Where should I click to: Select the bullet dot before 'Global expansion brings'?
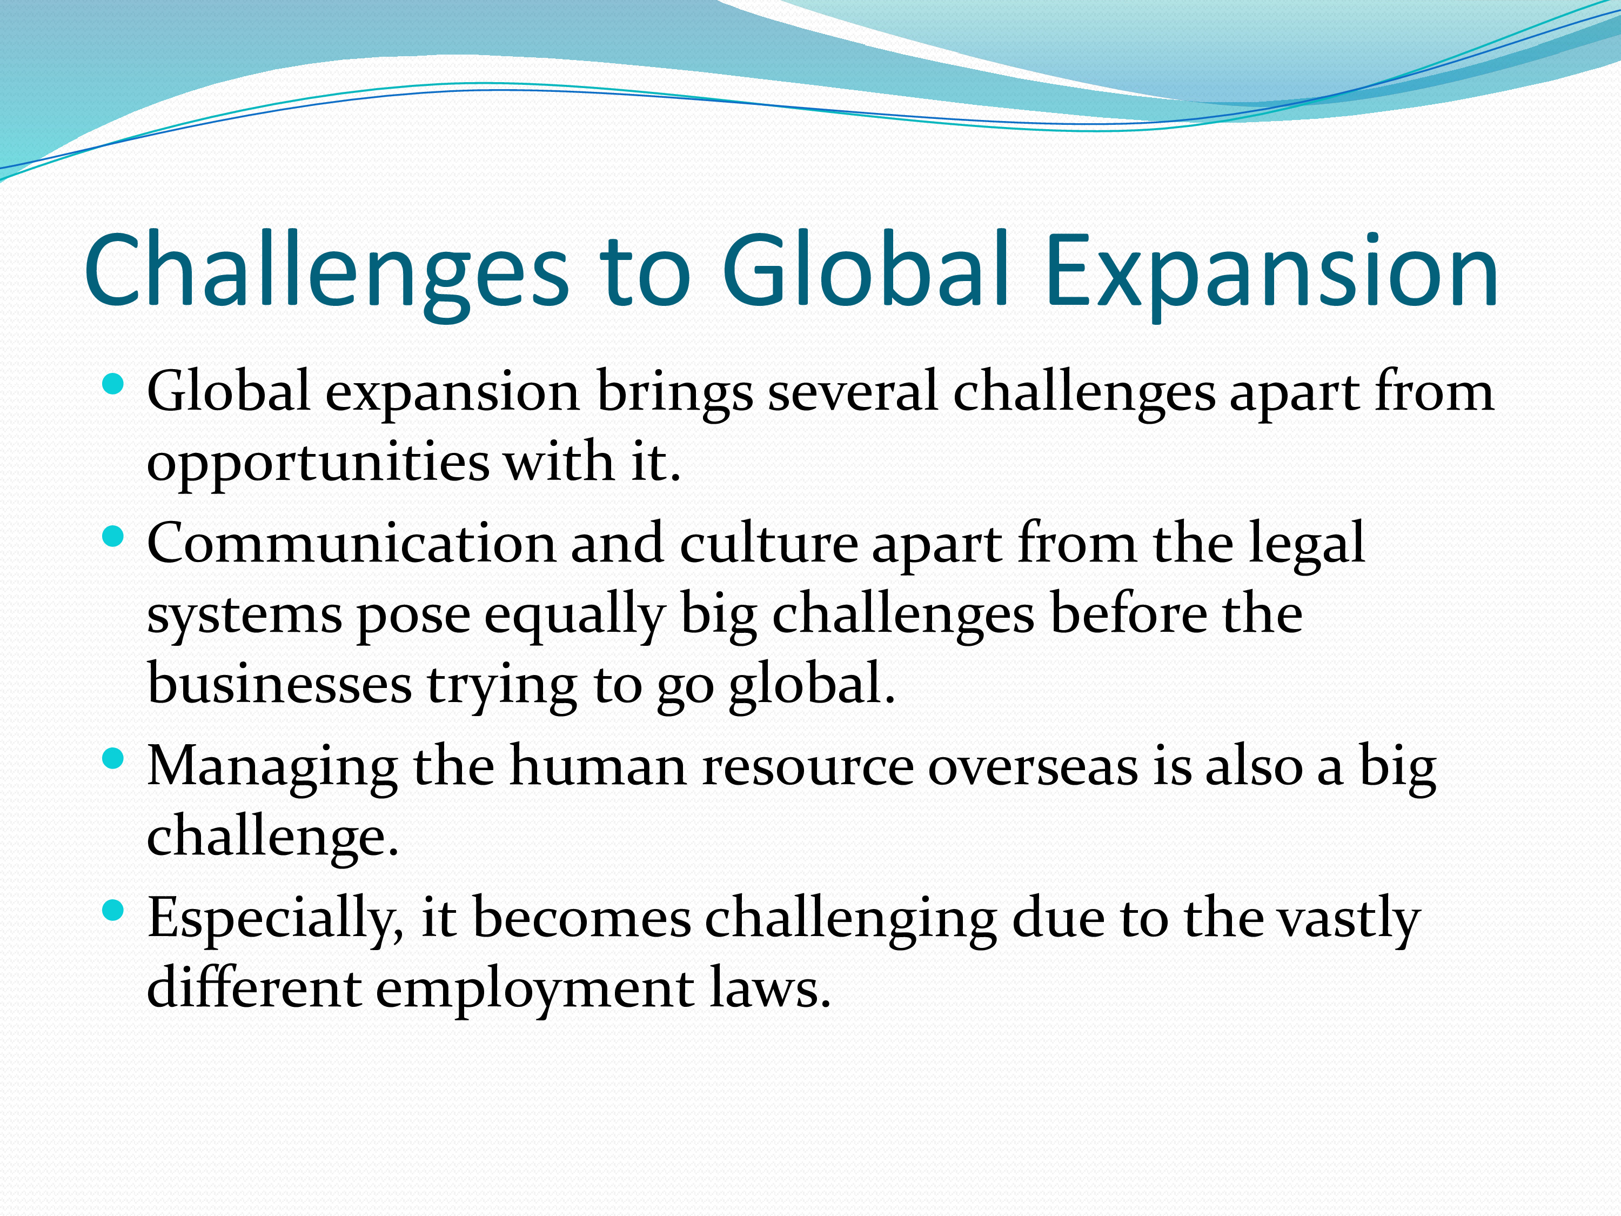(x=113, y=384)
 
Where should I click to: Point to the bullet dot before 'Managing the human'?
(x=113, y=759)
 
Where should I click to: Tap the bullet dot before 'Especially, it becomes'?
(x=113, y=910)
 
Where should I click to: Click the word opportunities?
(x=319, y=463)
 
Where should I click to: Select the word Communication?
(x=352, y=544)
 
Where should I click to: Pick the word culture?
(x=769, y=544)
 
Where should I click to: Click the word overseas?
(x=1033, y=767)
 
